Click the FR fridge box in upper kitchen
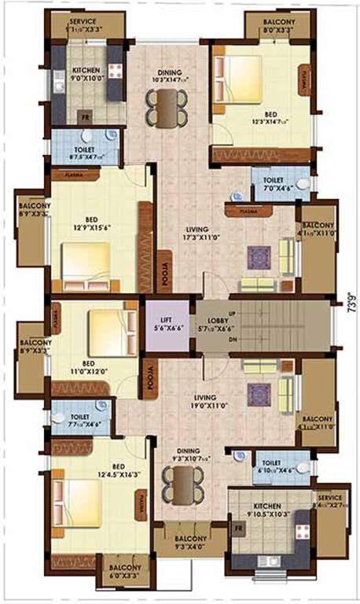(85, 116)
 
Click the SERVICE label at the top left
(83, 21)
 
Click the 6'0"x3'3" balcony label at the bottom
(125, 570)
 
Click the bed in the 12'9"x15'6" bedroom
(86, 263)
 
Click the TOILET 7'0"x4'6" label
(267, 184)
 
